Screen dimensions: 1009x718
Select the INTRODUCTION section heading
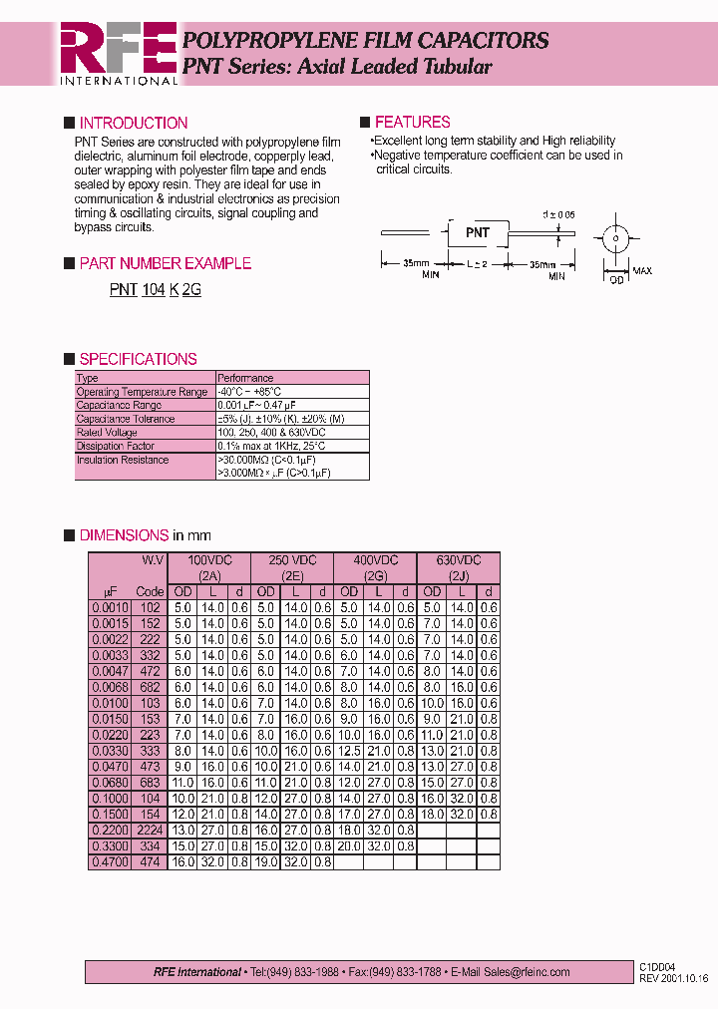coord(133,123)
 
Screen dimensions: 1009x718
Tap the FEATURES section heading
coord(412,122)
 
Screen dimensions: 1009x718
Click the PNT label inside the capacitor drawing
coord(478,232)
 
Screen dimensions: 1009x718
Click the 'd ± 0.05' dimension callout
coord(559,214)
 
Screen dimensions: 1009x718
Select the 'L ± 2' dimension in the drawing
coord(478,264)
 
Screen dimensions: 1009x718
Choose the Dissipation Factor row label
coord(116,446)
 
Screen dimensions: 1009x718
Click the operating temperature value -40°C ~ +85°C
coord(249,392)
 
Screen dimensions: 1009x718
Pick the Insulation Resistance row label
coord(123,460)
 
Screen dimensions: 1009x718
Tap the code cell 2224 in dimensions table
coord(150,830)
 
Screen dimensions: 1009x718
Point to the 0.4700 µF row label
coord(110,861)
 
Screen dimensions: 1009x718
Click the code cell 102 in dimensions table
coord(150,607)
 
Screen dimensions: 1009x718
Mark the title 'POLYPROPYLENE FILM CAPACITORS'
coord(365,41)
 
